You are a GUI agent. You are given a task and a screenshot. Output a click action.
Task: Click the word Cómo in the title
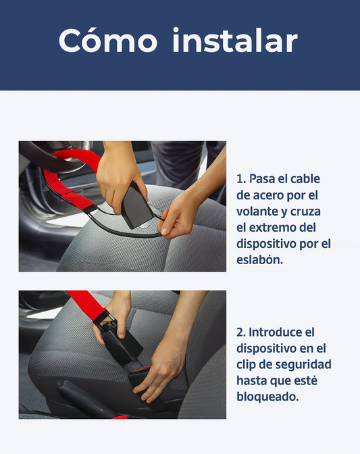(108, 40)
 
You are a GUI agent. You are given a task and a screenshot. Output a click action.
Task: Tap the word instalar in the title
(235, 40)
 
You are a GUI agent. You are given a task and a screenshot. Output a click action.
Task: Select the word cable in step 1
(305, 178)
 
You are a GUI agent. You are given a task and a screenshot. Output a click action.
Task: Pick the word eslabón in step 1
(259, 259)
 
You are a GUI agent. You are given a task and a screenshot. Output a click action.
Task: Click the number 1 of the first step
(240, 179)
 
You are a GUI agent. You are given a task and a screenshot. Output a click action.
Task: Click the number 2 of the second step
(241, 332)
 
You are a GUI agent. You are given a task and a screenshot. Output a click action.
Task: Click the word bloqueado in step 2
(267, 397)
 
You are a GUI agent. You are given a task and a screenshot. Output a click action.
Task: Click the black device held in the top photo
(135, 205)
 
